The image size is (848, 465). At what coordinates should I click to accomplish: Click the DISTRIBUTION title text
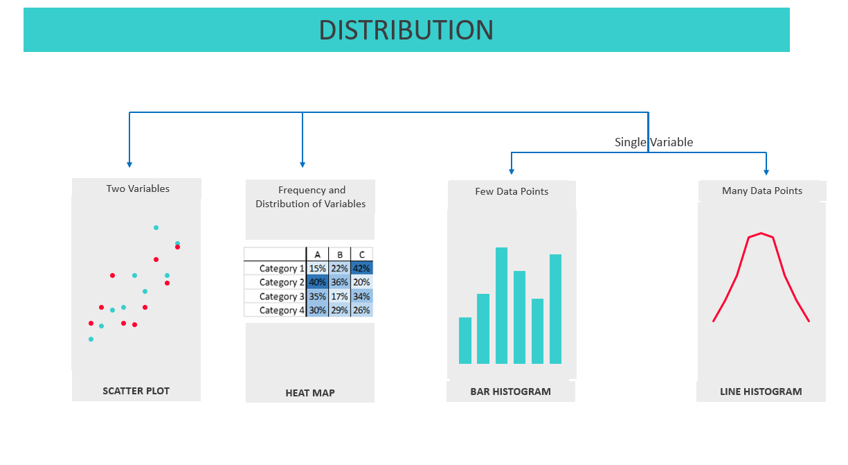pyautogui.click(x=406, y=30)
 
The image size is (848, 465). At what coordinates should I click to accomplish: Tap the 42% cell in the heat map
pyautogui.click(x=361, y=268)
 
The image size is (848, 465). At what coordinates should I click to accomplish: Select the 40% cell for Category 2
pyautogui.click(x=317, y=282)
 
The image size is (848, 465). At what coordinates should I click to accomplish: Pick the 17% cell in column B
pyautogui.click(x=340, y=297)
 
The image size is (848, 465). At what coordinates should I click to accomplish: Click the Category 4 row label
pyautogui.click(x=282, y=310)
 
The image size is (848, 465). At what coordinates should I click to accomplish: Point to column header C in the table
pyautogui.click(x=362, y=254)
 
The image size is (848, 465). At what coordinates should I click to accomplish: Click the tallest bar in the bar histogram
pyautogui.click(x=501, y=306)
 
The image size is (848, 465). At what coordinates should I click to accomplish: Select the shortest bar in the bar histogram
pyautogui.click(x=465, y=340)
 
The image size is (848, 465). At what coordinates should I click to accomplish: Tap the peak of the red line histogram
pyautogui.click(x=761, y=233)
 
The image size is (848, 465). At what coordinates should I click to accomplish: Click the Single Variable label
pyautogui.click(x=653, y=142)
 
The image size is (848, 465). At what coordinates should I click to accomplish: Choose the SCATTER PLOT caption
pyautogui.click(x=136, y=391)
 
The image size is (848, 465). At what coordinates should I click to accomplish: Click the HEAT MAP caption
pyautogui.click(x=310, y=393)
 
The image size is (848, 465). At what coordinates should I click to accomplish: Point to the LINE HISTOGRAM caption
pyautogui.click(x=761, y=392)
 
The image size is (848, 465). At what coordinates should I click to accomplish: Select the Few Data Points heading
pyautogui.click(x=512, y=191)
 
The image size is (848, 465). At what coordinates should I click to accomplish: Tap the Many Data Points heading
pyautogui.click(x=762, y=191)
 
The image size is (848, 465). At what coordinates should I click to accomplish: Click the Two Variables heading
pyautogui.click(x=138, y=188)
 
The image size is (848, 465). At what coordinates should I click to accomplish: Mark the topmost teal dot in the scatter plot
pyautogui.click(x=156, y=228)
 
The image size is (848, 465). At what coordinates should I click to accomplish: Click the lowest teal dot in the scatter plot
pyautogui.click(x=91, y=339)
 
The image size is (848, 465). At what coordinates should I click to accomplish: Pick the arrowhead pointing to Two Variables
pyautogui.click(x=129, y=165)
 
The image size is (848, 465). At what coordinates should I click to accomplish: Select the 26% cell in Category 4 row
pyautogui.click(x=361, y=310)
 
